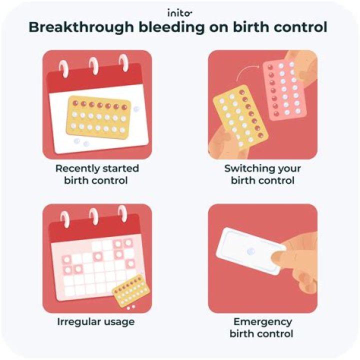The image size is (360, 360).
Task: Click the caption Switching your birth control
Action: (x=262, y=174)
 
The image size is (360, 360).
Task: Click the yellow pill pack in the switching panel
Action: (x=241, y=117)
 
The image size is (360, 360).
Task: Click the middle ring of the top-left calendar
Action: (x=94, y=65)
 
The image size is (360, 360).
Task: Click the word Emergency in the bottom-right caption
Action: (x=262, y=321)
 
